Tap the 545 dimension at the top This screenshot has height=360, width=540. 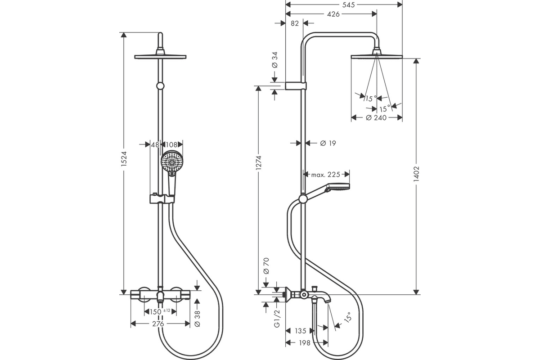pos(349,4)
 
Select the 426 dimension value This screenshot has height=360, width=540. pos(333,14)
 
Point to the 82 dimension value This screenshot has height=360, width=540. pos(295,23)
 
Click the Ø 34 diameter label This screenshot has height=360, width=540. pos(275,60)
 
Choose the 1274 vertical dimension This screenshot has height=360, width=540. pos(258,163)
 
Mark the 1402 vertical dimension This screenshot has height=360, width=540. pos(416,174)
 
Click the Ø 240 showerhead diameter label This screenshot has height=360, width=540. pos(376,117)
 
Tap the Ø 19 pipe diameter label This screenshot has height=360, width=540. pos(328,143)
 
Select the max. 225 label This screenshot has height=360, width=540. pos(326,174)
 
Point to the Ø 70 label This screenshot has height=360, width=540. pos(266,266)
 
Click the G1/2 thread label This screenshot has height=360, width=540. pos(277,318)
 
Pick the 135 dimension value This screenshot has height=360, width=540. pos(301,331)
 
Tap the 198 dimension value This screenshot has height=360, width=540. pos(305,343)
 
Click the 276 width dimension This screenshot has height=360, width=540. pos(158,324)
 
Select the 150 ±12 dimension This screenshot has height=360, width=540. pos(160,312)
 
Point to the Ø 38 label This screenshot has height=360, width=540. pos(197,319)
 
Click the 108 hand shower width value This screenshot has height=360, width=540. pos(171,145)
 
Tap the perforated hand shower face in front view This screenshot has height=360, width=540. pos(172,162)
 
